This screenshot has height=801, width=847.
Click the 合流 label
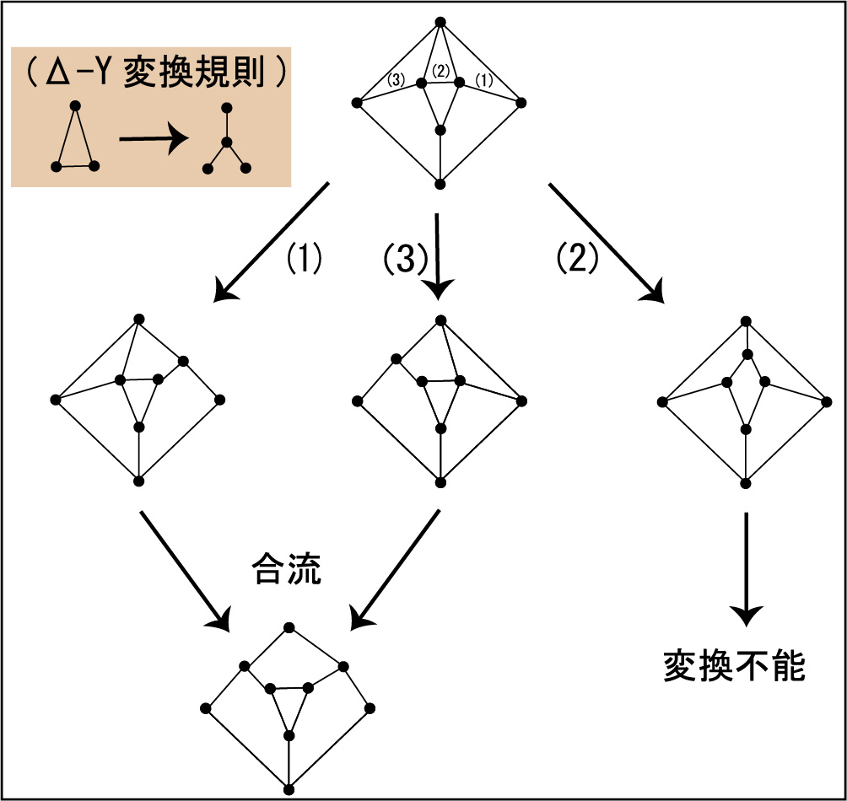pos(286,568)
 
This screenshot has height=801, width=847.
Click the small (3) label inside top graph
pos(396,80)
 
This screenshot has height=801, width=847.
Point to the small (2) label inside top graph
pos(441,72)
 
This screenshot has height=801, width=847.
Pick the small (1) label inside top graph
pos(484,80)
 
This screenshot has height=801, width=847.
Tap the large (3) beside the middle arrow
pos(405,259)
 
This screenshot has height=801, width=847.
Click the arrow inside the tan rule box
pos(154,139)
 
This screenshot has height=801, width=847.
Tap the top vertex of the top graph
pos(440,22)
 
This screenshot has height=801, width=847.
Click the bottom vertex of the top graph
pos(440,184)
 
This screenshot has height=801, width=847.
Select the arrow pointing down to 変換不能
pos(746,569)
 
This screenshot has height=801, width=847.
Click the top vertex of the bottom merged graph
pos(289,627)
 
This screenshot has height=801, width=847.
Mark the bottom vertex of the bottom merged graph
pos(289,790)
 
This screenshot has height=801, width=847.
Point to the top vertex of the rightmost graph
pos(746,321)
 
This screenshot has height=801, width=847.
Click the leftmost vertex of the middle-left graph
pos(55,400)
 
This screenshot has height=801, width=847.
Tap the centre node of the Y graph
pos(227,142)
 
